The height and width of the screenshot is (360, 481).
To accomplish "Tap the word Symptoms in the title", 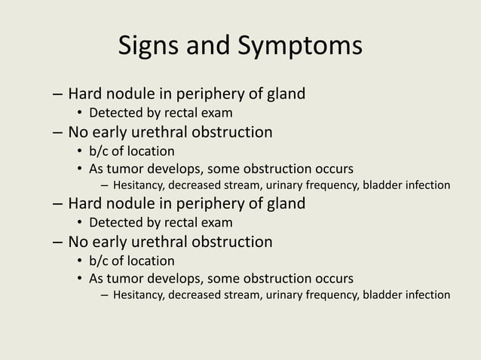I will [301, 46].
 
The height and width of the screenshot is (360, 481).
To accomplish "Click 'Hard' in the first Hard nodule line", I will [86, 95].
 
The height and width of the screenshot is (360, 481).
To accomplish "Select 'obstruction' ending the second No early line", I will [233, 242].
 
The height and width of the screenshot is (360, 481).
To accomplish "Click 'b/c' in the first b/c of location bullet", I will [101, 151].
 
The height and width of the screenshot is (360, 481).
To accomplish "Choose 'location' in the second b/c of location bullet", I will [152, 261].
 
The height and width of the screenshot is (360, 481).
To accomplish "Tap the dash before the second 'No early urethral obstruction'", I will [58, 243].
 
